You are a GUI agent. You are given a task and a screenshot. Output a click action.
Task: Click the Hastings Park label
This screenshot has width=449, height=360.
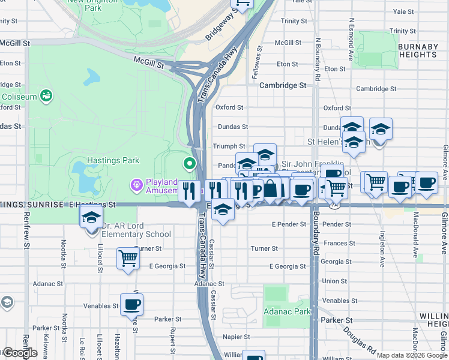click(113, 160)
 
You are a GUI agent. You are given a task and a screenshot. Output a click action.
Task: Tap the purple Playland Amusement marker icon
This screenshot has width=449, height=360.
click(137, 186)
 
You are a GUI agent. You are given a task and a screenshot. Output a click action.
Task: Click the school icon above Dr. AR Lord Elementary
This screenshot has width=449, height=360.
click(91, 217)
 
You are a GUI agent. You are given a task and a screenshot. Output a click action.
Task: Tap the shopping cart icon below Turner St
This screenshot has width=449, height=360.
click(128, 259)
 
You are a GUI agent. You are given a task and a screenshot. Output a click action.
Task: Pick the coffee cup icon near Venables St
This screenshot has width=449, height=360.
click(131, 304)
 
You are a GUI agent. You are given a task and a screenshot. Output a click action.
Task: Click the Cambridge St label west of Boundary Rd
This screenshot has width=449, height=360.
click(283, 85)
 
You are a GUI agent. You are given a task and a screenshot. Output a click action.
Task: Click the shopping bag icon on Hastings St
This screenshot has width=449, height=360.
click(271, 189)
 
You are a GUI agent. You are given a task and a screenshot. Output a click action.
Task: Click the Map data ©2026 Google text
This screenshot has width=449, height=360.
click(412, 355)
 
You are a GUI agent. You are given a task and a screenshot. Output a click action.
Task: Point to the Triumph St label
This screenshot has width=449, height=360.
click(229, 146)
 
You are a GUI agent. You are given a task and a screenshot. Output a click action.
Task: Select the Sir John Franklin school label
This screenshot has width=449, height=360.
click(312, 164)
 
